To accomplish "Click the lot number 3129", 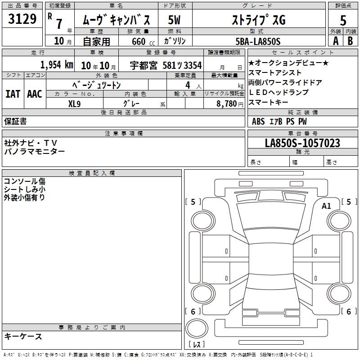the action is click(x=22, y=19).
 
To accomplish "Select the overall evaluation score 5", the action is click(x=343, y=20).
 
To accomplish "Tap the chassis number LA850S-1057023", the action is click(x=302, y=143).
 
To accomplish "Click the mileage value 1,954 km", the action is click(x=57, y=65).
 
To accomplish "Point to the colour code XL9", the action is click(x=74, y=104).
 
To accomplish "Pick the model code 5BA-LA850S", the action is click(x=258, y=41).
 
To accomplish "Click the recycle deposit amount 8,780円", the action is click(x=229, y=104).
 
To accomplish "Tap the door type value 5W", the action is click(x=174, y=20).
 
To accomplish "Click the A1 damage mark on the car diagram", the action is click(x=326, y=206).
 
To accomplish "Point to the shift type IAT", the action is click(x=13, y=94).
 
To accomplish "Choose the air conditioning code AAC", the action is click(x=35, y=94).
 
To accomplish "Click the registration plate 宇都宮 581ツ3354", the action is click(x=166, y=65).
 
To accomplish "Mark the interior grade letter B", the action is click(x=350, y=41).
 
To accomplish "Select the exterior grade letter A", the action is click(x=336, y=41).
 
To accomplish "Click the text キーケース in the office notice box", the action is click(x=23, y=336).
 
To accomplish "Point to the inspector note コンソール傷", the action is click(x=25, y=181).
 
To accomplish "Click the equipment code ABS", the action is click(x=258, y=121).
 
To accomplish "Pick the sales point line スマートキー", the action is click(x=268, y=102).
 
